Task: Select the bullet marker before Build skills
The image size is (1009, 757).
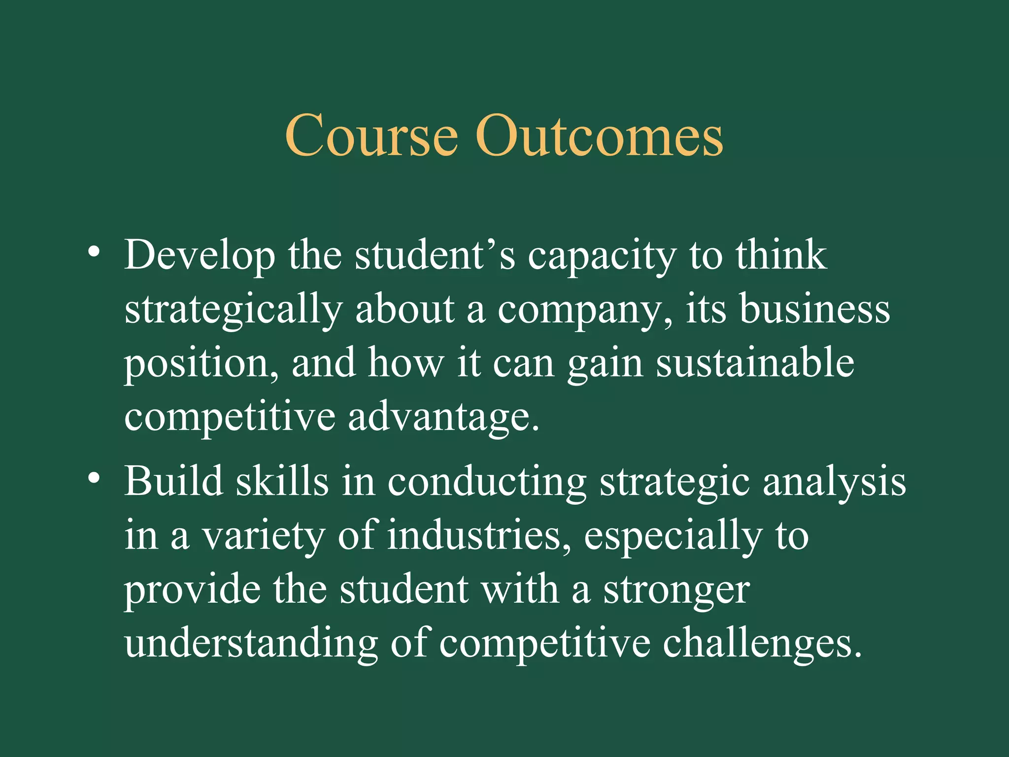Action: coord(94,478)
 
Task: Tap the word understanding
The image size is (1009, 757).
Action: coord(251,645)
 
